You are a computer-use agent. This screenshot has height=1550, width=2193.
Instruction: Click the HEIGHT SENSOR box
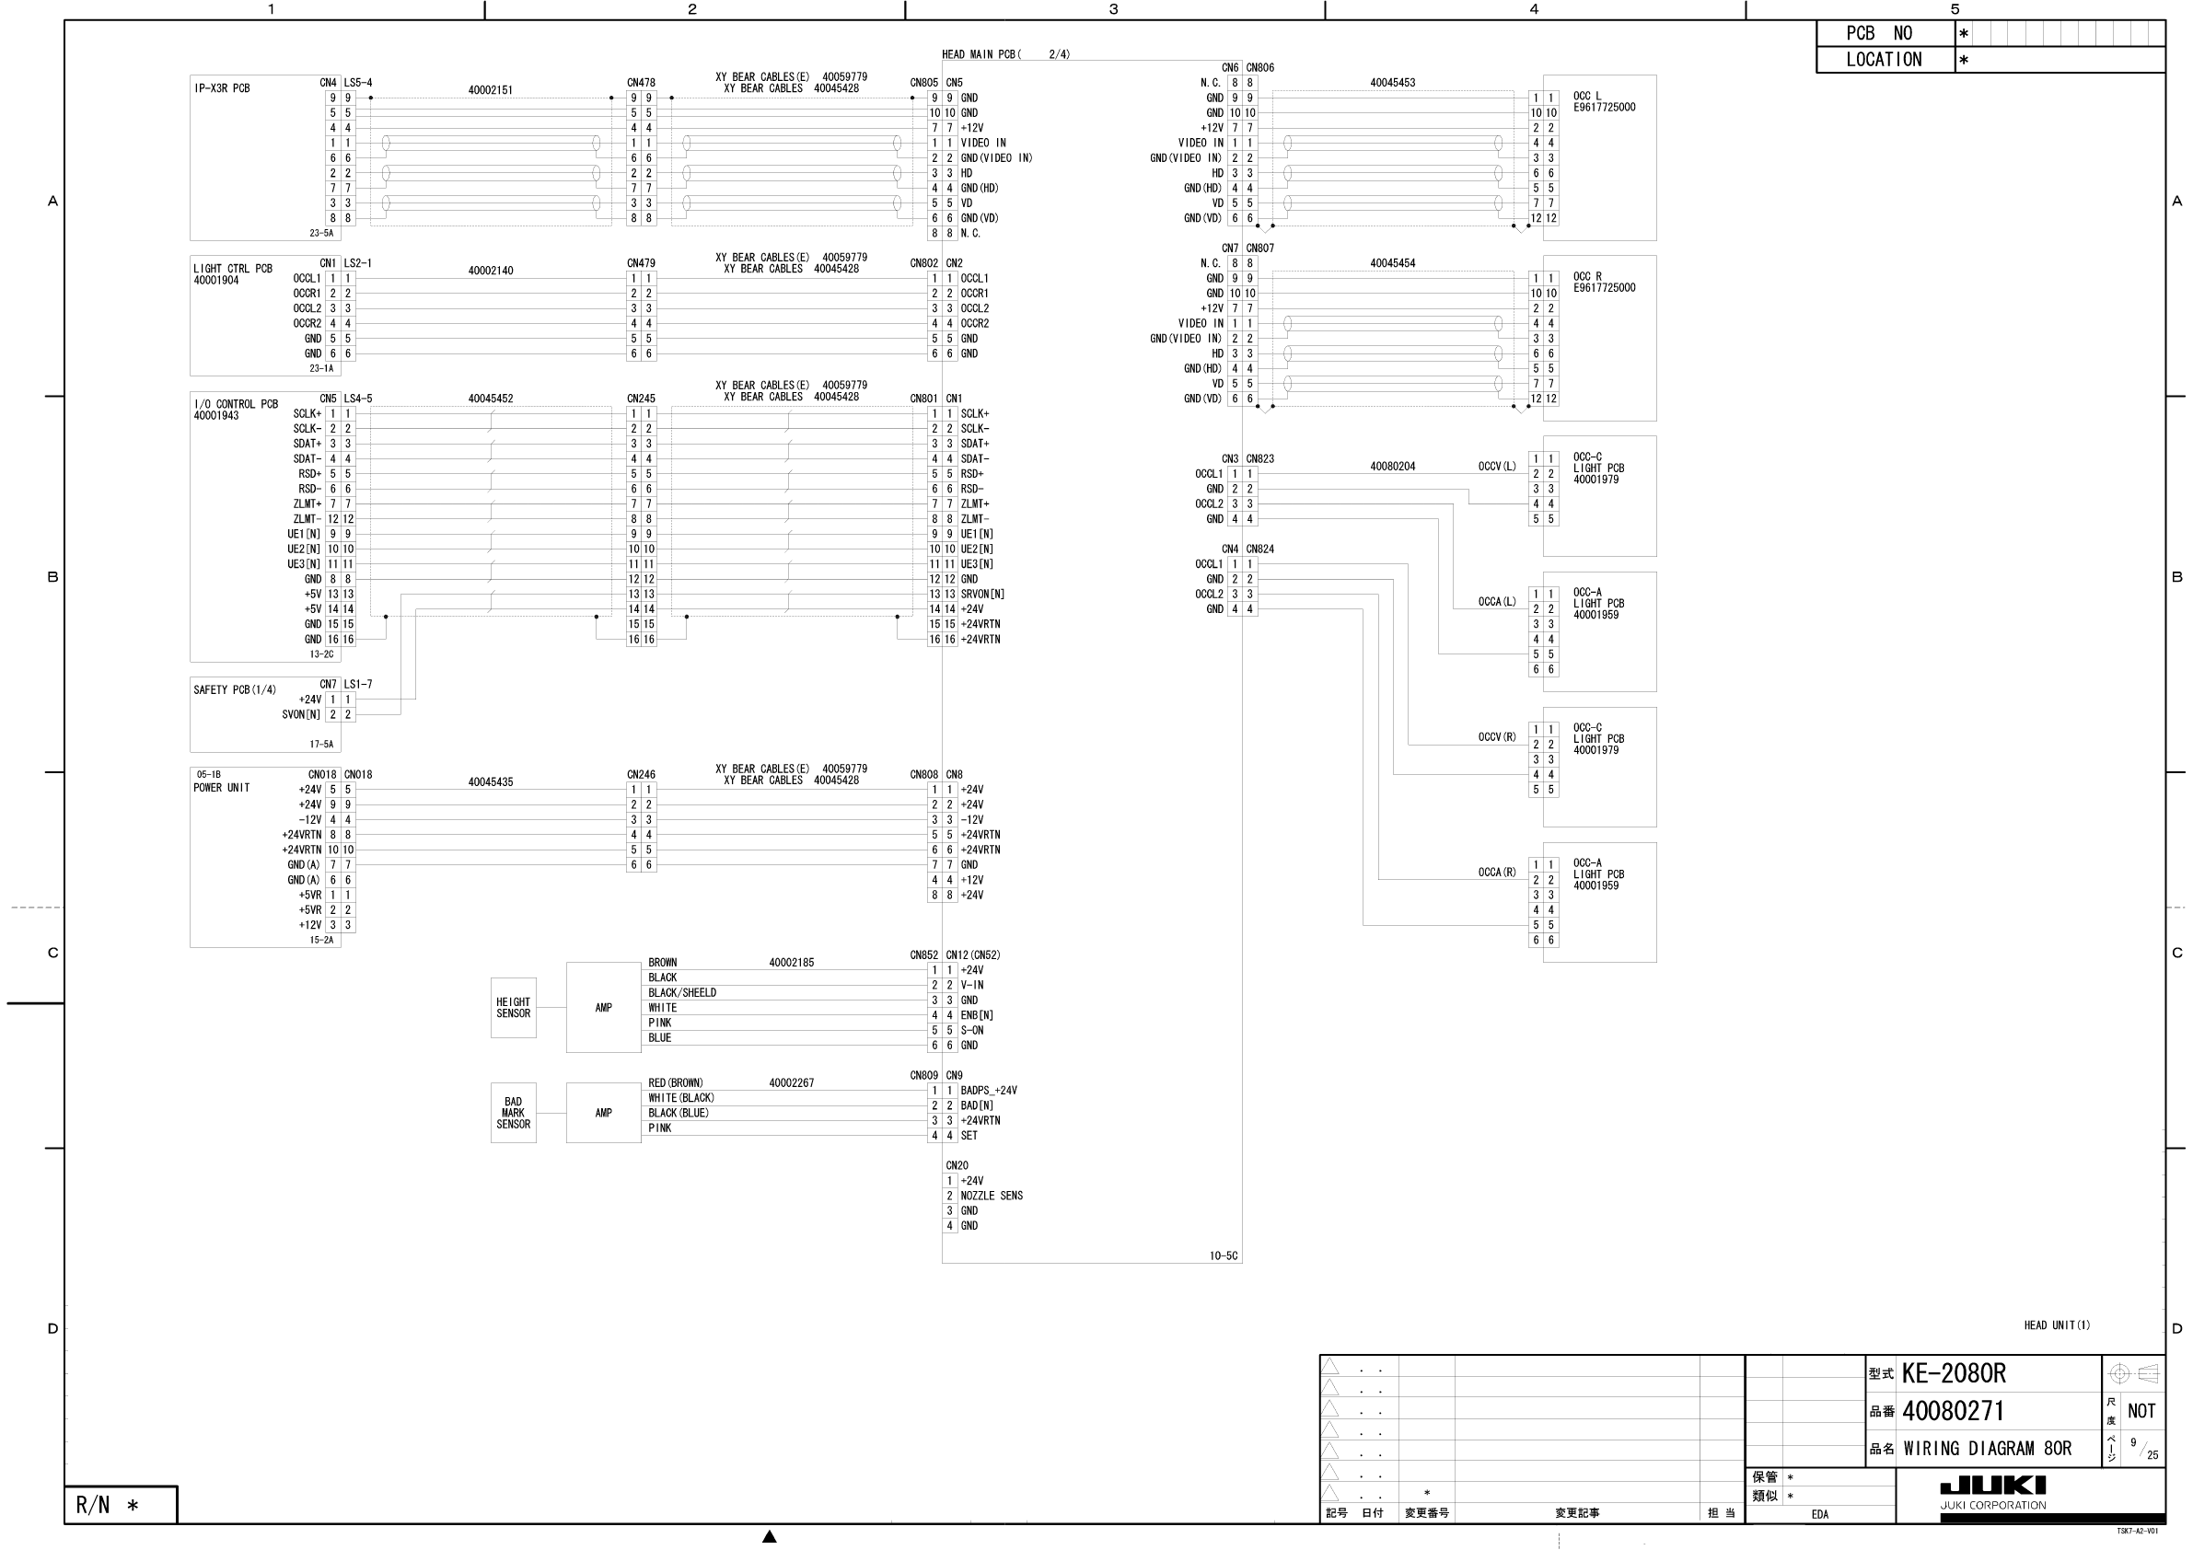[x=513, y=1008]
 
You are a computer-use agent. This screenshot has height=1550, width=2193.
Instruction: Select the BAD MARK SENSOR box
[x=513, y=1113]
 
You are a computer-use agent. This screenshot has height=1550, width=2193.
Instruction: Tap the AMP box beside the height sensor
[x=604, y=1008]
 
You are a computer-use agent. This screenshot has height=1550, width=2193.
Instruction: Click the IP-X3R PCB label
[x=222, y=88]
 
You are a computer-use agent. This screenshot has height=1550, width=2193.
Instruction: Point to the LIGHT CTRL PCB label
[x=232, y=270]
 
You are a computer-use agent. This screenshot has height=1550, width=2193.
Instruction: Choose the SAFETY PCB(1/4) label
[x=234, y=689]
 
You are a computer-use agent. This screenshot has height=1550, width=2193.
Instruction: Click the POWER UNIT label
[x=222, y=788]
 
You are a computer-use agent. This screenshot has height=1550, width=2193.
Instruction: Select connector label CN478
[x=641, y=83]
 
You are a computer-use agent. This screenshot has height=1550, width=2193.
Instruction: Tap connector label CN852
[x=923, y=955]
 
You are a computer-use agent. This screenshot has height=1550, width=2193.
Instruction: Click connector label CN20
[x=956, y=1165]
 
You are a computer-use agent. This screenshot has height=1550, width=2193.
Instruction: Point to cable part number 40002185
[x=791, y=963]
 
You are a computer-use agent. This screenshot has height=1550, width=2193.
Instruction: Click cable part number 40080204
[x=1392, y=467]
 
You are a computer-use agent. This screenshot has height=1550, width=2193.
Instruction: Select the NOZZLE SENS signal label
[x=992, y=1196]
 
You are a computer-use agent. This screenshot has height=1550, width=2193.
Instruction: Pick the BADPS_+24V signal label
[x=989, y=1091]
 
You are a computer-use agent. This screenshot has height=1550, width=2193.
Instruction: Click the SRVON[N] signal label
[x=982, y=594]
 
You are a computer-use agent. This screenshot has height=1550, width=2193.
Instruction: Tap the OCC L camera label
[x=1586, y=97]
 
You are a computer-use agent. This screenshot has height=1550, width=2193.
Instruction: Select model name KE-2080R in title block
[x=1954, y=1373]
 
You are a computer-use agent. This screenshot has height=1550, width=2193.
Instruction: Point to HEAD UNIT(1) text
[x=2057, y=1324]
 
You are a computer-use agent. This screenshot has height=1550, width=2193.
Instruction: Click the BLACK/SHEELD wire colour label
[x=682, y=993]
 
